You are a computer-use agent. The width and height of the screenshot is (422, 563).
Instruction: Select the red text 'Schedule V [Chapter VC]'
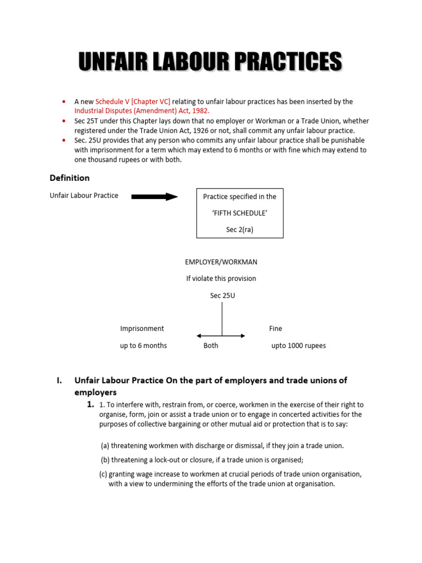pyautogui.click(x=133, y=102)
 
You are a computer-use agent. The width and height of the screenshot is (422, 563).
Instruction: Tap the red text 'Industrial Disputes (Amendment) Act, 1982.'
pyautogui.click(x=142, y=111)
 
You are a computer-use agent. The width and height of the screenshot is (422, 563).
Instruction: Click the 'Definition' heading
pyautogui.click(x=69, y=178)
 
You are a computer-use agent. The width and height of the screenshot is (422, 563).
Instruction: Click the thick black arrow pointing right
pyautogui.click(x=154, y=196)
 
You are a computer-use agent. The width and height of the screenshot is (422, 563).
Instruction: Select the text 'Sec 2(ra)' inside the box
pyautogui.click(x=240, y=229)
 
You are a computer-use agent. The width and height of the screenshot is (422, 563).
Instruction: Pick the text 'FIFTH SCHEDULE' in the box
pyautogui.click(x=240, y=213)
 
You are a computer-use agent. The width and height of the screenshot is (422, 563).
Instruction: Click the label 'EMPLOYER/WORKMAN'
pyautogui.click(x=221, y=262)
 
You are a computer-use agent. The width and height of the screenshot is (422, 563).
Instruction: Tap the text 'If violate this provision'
pyautogui.click(x=221, y=279)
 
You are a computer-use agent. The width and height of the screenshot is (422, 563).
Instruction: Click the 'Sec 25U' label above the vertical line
pyautogui.click(x=223, y=295)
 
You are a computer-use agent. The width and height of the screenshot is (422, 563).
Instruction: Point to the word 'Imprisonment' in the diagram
pyautogui.click(x=142, y=329)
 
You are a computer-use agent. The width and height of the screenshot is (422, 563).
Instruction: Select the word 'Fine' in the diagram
pyautogui.click(x=275, y=329)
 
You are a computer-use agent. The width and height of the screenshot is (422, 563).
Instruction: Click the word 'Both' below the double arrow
pyautogui.click(x=210, y=346)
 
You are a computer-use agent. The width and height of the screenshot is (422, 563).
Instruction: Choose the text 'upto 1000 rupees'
pyautogui.click(x=298, y=346)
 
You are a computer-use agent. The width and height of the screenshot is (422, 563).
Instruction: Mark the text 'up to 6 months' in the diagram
pyautogui.click(x=143, y=346)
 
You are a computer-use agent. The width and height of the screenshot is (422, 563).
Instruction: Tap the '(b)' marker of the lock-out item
pyautogui.click(x=105, y=460)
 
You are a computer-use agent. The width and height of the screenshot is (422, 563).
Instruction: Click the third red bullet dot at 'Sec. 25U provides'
pyautogui.click(x=64, y=140)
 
